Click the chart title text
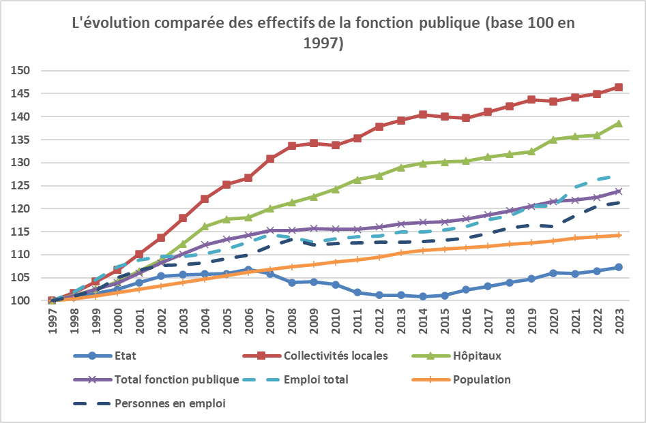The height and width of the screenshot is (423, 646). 323,33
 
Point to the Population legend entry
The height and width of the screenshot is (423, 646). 482,379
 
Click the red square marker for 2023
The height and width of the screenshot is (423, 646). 618,87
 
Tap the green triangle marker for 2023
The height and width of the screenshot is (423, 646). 618,123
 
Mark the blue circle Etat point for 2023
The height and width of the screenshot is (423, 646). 618,267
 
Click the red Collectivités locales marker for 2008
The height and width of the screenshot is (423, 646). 292,146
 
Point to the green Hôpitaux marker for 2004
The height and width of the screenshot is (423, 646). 205,226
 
